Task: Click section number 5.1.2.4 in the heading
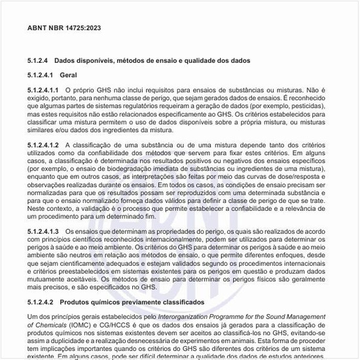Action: coord(38,60)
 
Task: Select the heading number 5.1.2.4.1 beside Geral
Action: coord(40,75)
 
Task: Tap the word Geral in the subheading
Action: coord(69,75)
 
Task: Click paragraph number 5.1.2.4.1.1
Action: coord(43,90)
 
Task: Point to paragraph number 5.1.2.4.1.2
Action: coord(43,144)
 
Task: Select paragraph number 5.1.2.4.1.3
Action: coord(43,232)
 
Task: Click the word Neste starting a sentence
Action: coord(37,207)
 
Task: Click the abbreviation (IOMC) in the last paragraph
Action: coord(83,325)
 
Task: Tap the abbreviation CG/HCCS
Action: coord(117,325)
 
